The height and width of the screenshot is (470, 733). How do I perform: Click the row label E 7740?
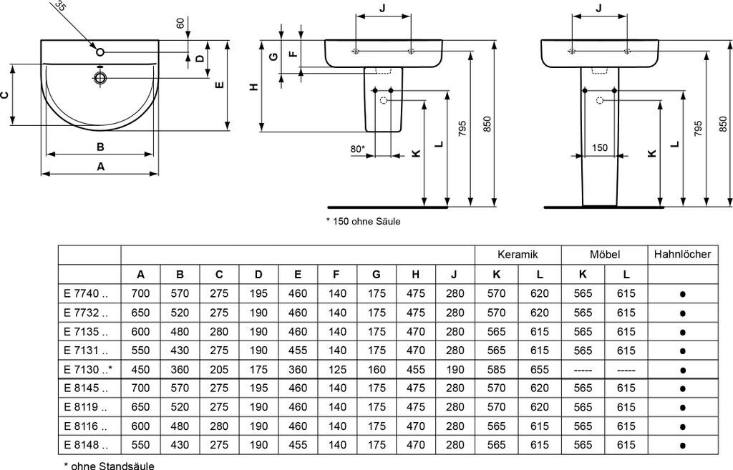pyautogui.click(x=86, y=294)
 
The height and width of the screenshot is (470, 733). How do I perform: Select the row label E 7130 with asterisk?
pyautogui.click(x=88, y=370)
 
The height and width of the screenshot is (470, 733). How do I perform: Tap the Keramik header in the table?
pyautogui.click(x=518, y=255)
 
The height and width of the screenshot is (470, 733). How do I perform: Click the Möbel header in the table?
pyautogui.click(x=604, y=255)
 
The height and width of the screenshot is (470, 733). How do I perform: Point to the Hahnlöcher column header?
pyautogui.click(x=682, y=254)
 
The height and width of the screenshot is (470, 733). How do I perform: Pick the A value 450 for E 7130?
pyautogui.click(x=140, y=370)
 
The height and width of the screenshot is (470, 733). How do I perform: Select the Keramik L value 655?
pyautogui.click(x=540, y=370)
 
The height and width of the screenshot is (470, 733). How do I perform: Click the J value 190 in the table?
pyautogui.click(x=455, y=370)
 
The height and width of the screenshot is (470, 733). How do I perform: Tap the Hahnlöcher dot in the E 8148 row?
pyautogui.click(x=682, y=446)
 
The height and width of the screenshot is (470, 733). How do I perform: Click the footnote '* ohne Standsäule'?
pyautogui.click(x=109, y=465)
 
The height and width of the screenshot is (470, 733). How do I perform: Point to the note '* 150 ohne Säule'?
pyautogui.click(x=363, y=222)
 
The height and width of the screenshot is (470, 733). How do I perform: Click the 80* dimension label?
pyautogui.click(x=358, y=149)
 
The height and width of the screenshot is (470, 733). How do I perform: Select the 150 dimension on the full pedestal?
pyautogui.click(x=600, y=148)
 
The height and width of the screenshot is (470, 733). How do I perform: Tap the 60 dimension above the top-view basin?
pyautogui.click(x=181, y=23)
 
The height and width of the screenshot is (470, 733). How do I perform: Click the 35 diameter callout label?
pyautogui.click(x=60, y=5)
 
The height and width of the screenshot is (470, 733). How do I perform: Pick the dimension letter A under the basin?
pyautogui.click(x=100, y=166)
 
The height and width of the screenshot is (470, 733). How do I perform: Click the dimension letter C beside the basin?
pyautogui.click(x=5, y=95)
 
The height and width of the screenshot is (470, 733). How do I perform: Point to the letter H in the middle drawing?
pyautogui.click(x=254, y=87)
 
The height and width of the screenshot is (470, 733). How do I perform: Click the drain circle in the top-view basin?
pyautogui.click(x=100, y=77)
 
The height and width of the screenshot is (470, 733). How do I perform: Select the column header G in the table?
pyautogui.click(x=376, y=275)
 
